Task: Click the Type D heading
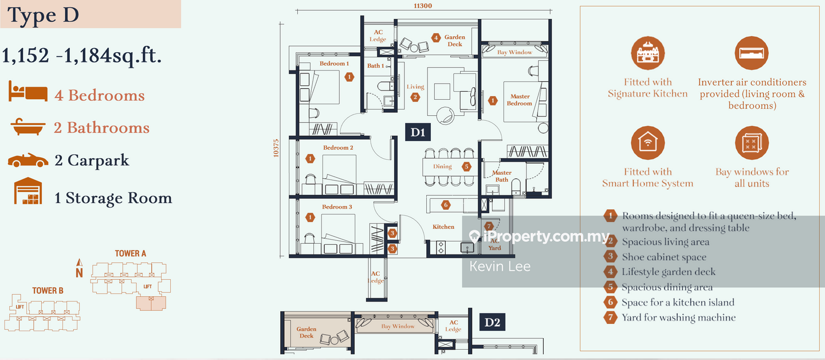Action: [x=43, y=15]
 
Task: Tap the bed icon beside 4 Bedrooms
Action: [x=27, y=92]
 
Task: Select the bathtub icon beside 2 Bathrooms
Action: [x=27, y=128]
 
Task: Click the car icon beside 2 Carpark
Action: [x=27, y=161]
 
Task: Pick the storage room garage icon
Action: [x=28, y=191]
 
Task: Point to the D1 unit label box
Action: [x=417, y=132]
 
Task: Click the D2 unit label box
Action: [x=492, y=322]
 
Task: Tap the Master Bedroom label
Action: [x=519, y=100]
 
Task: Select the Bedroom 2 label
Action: [x=337, y=148]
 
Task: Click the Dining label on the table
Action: [x=442, y=167]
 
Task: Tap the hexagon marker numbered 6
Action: [x=446, y=205]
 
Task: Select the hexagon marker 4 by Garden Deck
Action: [x=436, y=37]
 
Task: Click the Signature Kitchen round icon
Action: [x=647, y=53]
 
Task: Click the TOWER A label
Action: [x=131, y=253]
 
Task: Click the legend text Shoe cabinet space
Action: [x=664, y=257]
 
